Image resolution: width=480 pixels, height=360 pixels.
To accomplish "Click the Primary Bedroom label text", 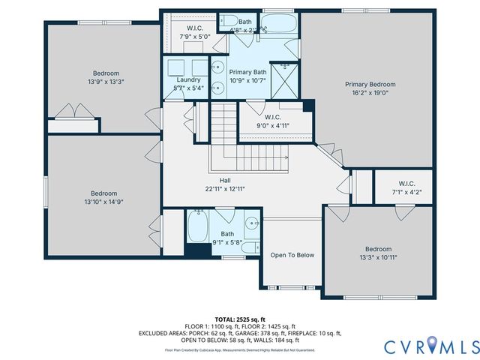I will (370, 85).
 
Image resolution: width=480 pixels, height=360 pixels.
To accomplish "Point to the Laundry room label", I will (187, 79).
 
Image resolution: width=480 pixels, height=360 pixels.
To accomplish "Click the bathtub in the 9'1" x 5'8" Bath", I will (197, 226).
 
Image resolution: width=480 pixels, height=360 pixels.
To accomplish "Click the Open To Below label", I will (292, 255).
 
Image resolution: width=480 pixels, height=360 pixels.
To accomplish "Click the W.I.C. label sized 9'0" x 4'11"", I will (268, 125).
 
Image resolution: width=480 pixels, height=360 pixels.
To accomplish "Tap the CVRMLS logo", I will (430, 346).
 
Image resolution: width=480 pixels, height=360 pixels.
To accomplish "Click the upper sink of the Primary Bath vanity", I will (217, 64).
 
